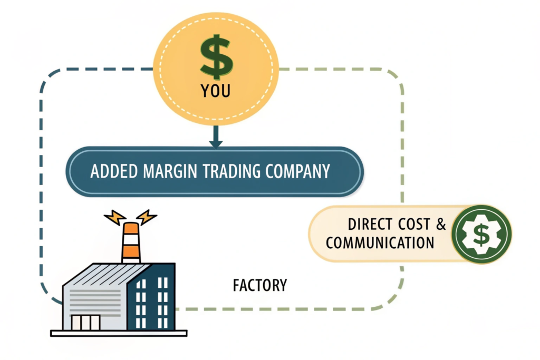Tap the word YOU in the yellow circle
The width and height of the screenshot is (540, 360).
click(x=216, y=91)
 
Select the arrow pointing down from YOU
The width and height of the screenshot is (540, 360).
click(x=215, y=138)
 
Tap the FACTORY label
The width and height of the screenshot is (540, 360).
click(x=259, y=285)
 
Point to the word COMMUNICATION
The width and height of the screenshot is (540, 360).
click(x=380, y=242)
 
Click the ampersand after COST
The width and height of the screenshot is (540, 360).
click(x=441, y=224)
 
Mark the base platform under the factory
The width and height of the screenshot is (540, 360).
click(x=119, y=333)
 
